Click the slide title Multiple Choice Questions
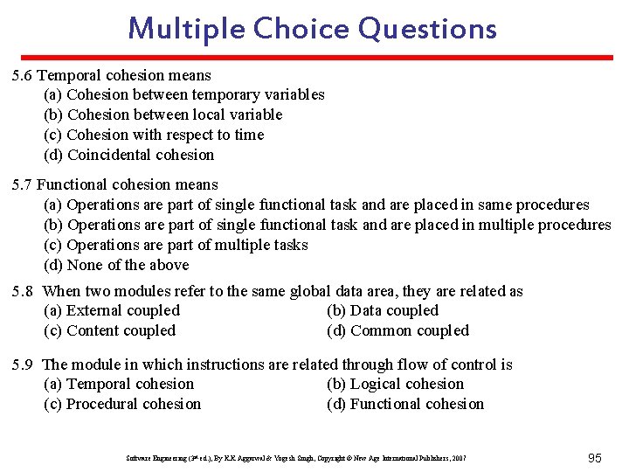312,28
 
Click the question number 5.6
23,75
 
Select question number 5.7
23,184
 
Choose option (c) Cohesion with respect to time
154,135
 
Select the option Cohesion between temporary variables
184,94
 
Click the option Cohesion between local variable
163,115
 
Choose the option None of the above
116,265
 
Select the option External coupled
112,310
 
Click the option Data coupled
383,310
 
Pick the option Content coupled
110,330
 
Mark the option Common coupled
397,330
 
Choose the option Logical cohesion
395,384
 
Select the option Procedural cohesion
122,404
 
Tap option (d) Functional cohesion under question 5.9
405,404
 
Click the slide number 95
595,458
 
